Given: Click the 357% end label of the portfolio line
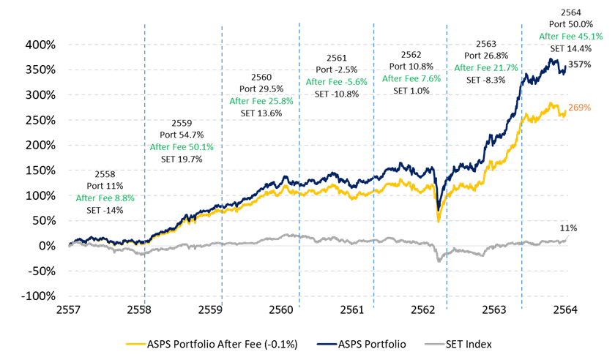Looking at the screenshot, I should (x=580, y=64).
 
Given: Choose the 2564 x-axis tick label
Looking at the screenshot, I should (x=567, y=310).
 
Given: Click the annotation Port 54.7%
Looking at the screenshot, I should (x=182, y=135).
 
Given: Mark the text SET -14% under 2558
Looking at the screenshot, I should (x=105, y=210).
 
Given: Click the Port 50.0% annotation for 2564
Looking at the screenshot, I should (x=570, y=24).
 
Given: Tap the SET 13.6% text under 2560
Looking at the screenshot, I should (x=261, y=113).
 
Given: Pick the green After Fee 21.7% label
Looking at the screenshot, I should (x=486, y=67).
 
